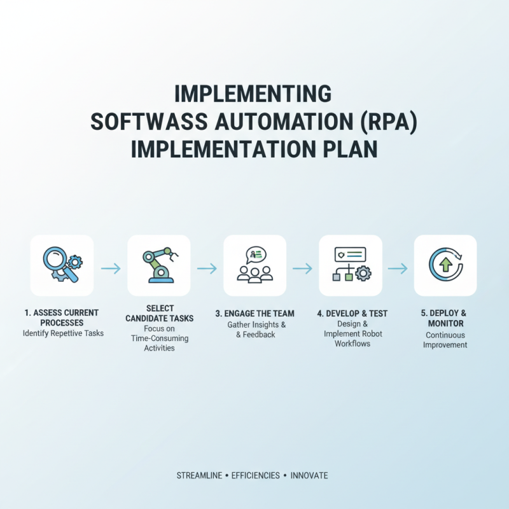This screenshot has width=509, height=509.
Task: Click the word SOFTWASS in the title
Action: pos(147,121)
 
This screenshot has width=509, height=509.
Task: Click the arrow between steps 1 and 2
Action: pos(111,268)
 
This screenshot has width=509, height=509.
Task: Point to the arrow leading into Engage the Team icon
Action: pos(207,268)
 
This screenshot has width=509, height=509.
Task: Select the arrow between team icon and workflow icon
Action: pos(302,268)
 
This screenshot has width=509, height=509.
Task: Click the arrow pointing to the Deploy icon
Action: pos(398,268)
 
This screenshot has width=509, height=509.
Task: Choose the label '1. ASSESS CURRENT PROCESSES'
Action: pos(62,318)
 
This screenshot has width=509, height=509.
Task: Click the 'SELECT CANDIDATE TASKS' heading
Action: pos(159,313)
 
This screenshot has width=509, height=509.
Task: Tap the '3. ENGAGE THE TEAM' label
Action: pos(254,314)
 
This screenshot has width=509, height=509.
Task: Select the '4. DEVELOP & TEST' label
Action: pos(351,314)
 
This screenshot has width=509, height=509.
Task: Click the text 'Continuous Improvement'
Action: pos(445,340)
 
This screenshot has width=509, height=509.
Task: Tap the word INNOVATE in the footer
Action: pos(310,475)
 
